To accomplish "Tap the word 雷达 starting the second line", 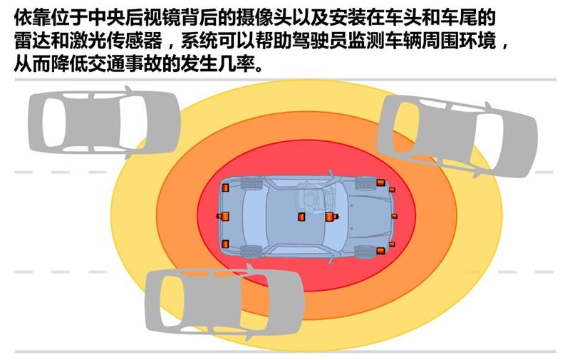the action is pyautogui.click(x=32, y=41).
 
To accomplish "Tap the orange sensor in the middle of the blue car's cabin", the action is pyautogui.click(x=301, y=217).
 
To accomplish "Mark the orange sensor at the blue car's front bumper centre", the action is pyautogui.click(x=395, y=216).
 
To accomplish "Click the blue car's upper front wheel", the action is pyautogui.click(x=366, y=183).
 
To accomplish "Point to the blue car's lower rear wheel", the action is pyautogui.click(x=252, y=251).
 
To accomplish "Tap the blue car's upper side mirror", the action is pyautogui.click(x=331, y=173).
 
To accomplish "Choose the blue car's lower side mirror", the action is pyautogui.click(x=331, y=259).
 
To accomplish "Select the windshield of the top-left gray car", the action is pyautogui.click(x=134, y=121).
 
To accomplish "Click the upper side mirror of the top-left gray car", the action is pyautogui.click(x=128, y=89).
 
